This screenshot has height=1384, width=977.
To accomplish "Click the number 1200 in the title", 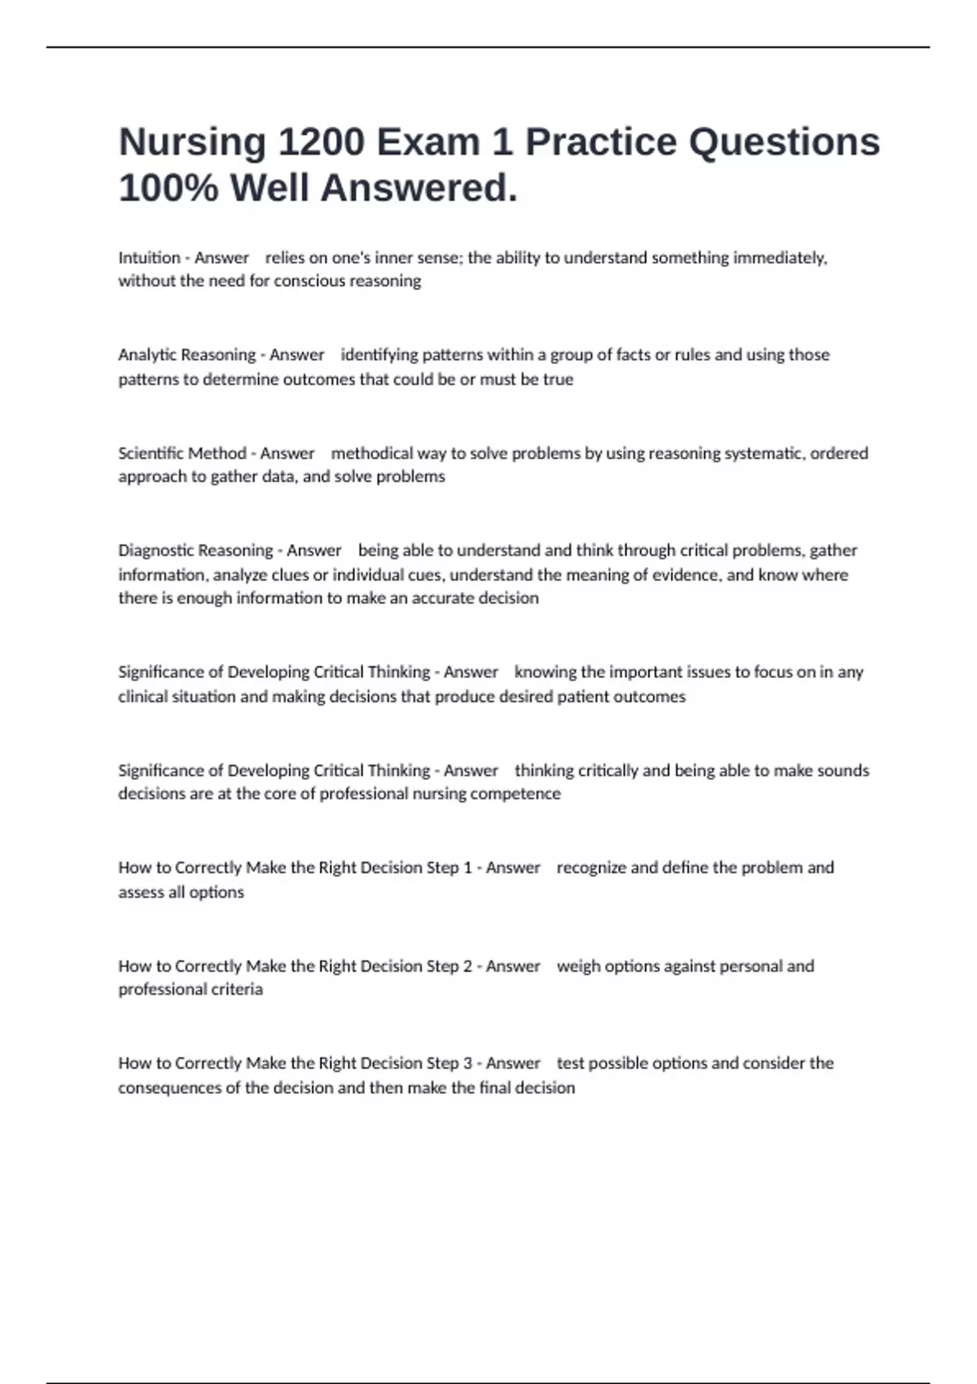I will tap(321, 142).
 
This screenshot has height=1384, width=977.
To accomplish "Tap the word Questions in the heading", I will tap(784, 142).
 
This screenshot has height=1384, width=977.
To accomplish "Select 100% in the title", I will tap(169, 189).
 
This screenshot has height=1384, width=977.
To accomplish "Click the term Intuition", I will tap(149, 258).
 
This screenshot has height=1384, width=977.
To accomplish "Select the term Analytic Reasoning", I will tap(186, 355).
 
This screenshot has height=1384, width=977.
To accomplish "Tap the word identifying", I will tap(379, 355).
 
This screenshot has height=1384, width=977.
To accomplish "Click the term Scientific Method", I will tap(182, 453).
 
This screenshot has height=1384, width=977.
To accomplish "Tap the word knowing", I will tap(545, 672).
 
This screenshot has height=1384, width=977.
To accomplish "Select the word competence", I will tap(522, 794).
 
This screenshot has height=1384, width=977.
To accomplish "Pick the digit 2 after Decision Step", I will tap(467, 966).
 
